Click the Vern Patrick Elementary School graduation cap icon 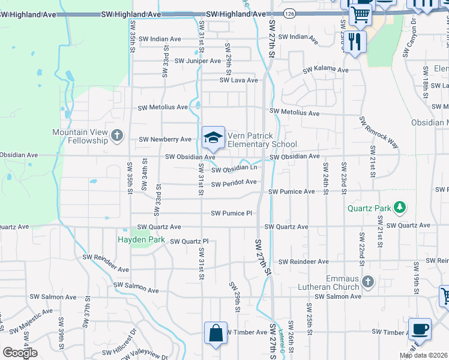coord(213,137)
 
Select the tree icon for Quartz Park coord(398,208)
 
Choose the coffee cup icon coord(420,329)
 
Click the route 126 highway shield coord(290,12)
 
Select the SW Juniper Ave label coord(197,61)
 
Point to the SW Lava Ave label coord(238,80)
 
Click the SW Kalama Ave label coord(325,70)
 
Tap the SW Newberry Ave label coord(164,139)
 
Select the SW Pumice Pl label coord(231,213)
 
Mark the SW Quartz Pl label coord(189,241)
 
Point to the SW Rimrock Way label coord(379,131)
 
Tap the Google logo coord(20,353)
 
